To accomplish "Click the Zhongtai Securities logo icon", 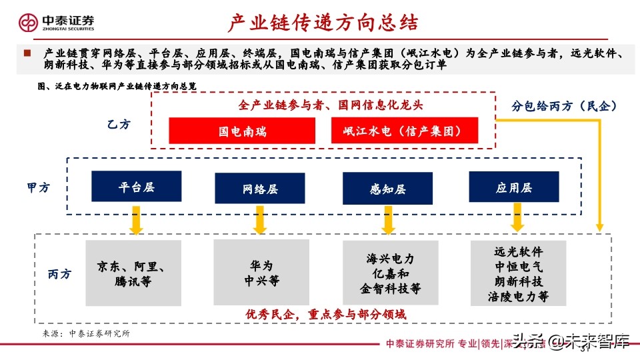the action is pyautogui.click(x=29, y=23).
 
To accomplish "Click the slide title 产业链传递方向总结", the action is pyautogui.click(x=323, y=23).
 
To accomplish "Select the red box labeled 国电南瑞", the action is pyautogui.click(x=242, y=131).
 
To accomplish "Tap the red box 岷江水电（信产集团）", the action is pyautogui.click(x=405, y=131).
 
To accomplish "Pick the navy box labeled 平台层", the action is pyautogui.click(x=137, y=187).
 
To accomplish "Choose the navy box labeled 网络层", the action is pyautogui.click(x=260, y=189).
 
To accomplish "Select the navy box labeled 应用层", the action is pyautogui.click(x=513, y=187).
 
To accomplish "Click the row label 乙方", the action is pyautogui.click(x=119, y=124).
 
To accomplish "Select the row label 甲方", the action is pyautogui.click(x=38, y=188).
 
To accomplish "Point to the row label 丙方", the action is pyautogui.click(x=59, y=273).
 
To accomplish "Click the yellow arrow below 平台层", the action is pyautogui.click(x=137, y=220).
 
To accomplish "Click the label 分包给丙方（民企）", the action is pyautogui.click(x=564, y=106).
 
